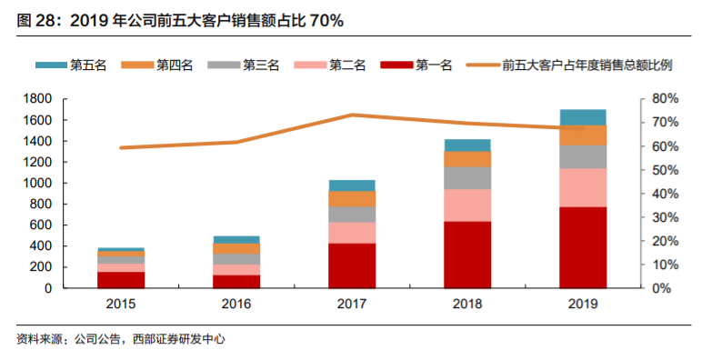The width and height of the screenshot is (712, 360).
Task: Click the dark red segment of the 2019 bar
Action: click(x=583, y=247)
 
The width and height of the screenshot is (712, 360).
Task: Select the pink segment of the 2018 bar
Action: click(x=467, y=205)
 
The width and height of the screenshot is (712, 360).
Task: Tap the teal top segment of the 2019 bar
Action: click(x=583, y=116)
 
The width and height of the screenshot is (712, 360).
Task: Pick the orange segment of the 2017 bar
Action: click(x=352, y=198)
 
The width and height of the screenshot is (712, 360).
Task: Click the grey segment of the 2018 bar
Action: click(x=467, y=177)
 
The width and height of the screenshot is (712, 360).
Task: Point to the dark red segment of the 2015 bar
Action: click(x=121, y=279)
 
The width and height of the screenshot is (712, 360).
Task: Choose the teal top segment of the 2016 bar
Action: click(x=236, y=239)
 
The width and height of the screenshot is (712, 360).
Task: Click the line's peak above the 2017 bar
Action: click(x=352, y=115)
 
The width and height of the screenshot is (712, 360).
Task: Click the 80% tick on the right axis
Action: click(x=667, y=98)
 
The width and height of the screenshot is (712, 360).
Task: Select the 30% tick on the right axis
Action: click(x=667, y=217)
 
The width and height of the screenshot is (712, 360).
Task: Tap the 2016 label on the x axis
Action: click(x=236, y=305)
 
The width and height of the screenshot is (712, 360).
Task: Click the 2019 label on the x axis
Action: click(x=583, y=305)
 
